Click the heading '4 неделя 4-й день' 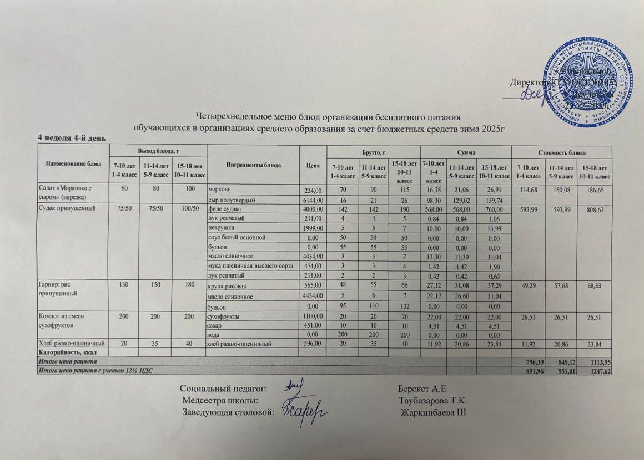pyautogui.click(x=72, y=138)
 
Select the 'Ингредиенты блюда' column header pyautogui.click(x=253, y=165)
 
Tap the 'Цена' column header pyautogui.click(x=313, y=165)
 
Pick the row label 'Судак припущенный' pyautogui.click(x=63, y=209)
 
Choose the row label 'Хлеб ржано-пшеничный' pyautogui.click(x=71, y=344)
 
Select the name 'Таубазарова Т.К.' pyautogui.click(x=432, y=400)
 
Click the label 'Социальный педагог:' pyautogui.click(x=225, y=387)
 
